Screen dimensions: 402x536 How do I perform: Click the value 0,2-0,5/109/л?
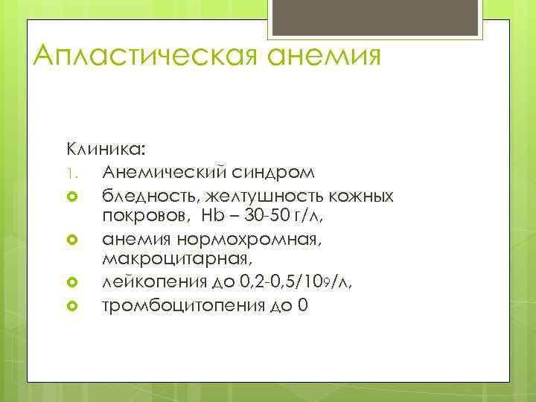[284, 283]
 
